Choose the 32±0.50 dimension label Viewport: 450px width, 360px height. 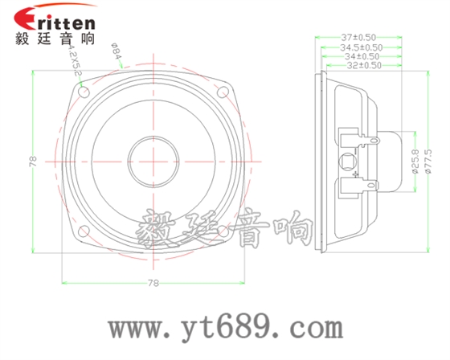coord(362,66)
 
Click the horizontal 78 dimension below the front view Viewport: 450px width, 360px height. coord(152,283)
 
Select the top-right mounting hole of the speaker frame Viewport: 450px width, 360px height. coord(223,92)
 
